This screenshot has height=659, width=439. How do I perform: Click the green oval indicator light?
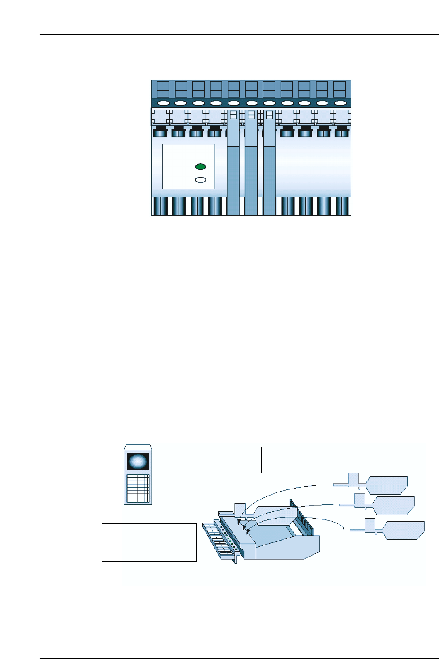pos(200,167)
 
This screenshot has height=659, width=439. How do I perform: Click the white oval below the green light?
pos(200,180)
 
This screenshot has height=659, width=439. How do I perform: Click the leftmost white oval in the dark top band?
pos(163,103)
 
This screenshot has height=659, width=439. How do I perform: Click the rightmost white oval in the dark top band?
pos(340,103)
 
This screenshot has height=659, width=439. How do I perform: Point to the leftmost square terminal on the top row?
pos(163,89)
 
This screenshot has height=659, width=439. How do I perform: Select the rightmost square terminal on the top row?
pos(339,89)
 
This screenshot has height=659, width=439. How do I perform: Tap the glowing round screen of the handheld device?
pos(137,461)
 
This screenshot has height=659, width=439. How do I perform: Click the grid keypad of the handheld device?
pos(137,489)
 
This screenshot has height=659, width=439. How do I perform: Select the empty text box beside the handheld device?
pos(208,460)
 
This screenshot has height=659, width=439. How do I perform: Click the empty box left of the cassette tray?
pos(149,542)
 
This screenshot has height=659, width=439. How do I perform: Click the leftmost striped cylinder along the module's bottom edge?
pos(159,206)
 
